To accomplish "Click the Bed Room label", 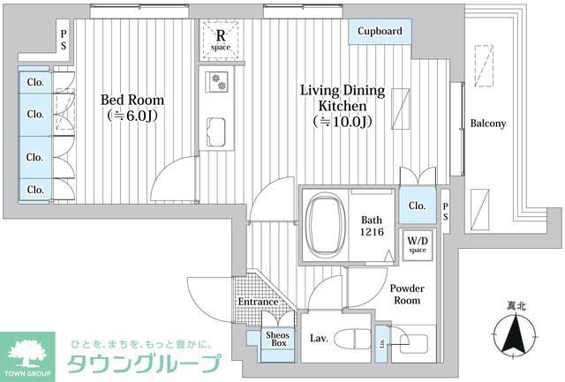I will (129, 99).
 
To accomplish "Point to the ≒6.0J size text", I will (129, 115).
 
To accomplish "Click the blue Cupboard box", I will (380, 32).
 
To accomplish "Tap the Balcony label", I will (487, 124).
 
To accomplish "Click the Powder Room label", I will (406, 295).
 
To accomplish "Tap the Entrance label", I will (258, 303).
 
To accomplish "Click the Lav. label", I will (319, 338).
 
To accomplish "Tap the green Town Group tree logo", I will (30, 351).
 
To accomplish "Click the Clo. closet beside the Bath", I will (416, 206).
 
